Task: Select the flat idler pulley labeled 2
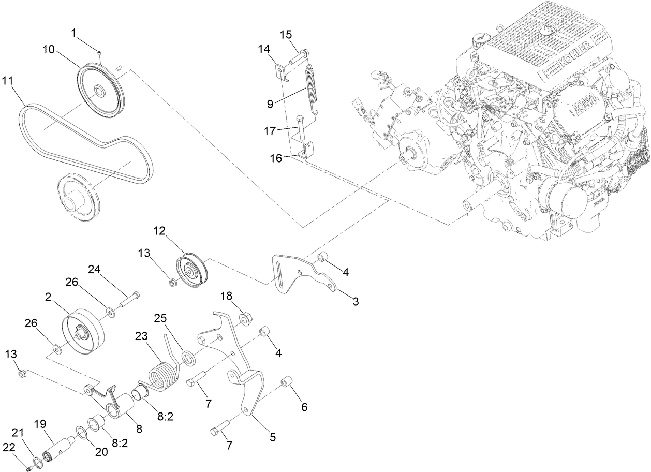click(x=83, y=331)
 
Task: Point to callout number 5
click(x=272, y=437)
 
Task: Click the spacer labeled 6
click(x=287, y=384)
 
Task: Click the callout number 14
click(x=264, y=49)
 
